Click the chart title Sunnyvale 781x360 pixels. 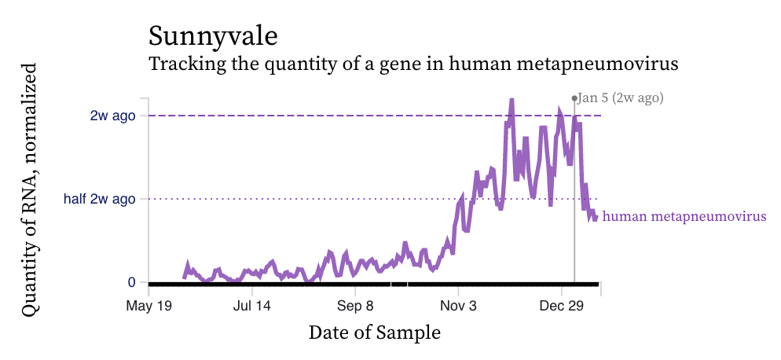point(212,36)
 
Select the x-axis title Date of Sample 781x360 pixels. point(374,332)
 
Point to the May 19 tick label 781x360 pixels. point(148,305)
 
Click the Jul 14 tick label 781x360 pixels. point(252,305)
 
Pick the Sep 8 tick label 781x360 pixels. point(356,305)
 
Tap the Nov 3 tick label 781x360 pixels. point(460,305)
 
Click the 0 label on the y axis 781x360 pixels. point(131,282)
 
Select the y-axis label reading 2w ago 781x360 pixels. point(112,116)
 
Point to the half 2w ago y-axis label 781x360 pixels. point(99,199)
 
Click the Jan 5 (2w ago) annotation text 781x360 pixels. point(621,98)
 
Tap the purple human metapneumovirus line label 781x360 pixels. point(684,216)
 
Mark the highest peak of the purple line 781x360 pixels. point(511,101)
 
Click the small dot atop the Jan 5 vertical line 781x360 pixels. point(574,98)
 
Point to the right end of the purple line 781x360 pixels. point(596,217)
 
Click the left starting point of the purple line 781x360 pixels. point(185,277)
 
